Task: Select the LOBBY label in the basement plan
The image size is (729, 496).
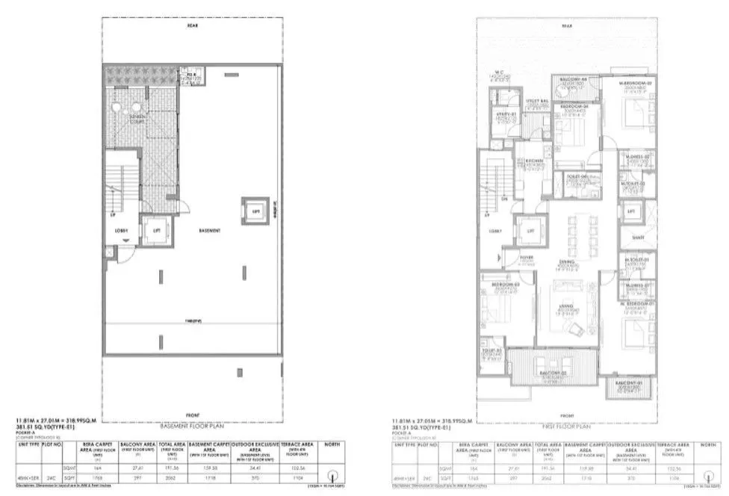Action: [x=122, y=230]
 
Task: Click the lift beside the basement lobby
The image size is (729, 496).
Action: [x=156, y=230]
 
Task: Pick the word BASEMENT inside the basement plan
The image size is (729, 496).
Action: [x=210, y=231]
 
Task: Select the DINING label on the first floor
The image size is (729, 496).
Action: [x=567, y=264]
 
